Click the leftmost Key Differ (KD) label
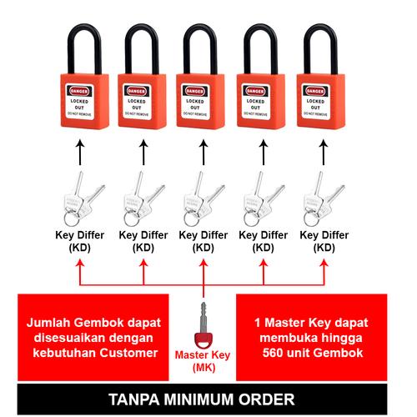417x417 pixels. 83,241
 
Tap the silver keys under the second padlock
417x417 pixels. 143,198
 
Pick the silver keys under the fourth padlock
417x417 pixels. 262,198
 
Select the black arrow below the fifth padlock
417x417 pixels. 323,150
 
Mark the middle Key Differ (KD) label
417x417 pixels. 203,241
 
